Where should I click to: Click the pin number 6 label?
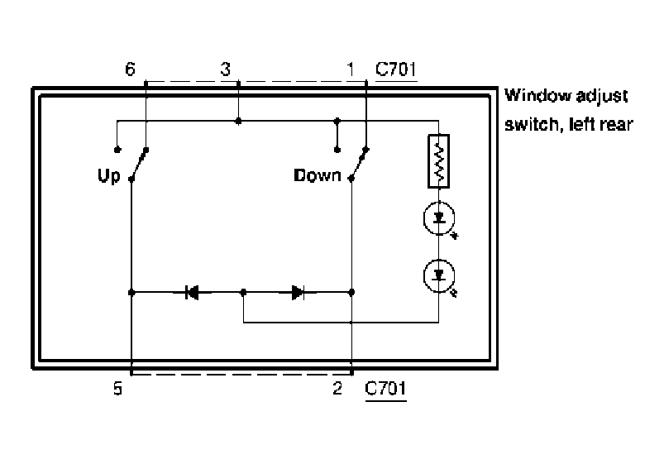[131, 69]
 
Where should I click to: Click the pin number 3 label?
[226, 69]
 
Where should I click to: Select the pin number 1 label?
[351, 69]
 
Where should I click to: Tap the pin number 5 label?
[117, 388]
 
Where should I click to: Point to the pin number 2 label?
[337, 388]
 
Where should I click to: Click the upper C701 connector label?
[396, 69]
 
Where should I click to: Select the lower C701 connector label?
[385, 388]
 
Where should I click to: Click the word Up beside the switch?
[109, 175]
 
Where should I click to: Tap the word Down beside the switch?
[318, 175]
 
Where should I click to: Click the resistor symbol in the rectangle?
[439, 161]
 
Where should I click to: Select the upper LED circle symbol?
[439, 218]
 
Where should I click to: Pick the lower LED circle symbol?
[439, 275]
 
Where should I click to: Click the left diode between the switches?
[192, 292]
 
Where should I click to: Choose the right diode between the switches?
[298, 292]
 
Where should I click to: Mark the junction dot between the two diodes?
[243, 293]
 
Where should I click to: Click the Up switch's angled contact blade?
[139, 165]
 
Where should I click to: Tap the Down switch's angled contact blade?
[359, 164]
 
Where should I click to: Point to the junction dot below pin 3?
[238, 122]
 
